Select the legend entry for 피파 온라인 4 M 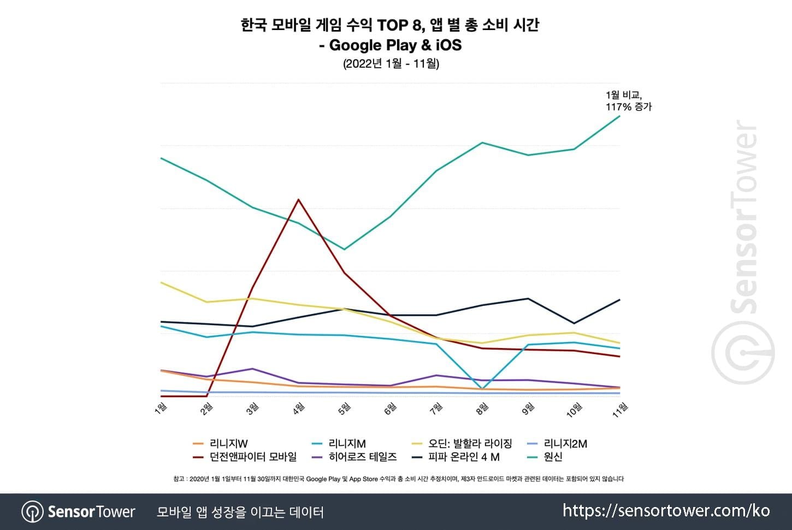point(464,457)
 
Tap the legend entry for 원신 point(553,457)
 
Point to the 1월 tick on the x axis point(161,408)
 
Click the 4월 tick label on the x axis point(299,408)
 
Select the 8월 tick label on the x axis point(482,408)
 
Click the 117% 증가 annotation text point(629,107)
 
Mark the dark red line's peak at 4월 point(298,199)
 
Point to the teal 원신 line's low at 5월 point(344,249)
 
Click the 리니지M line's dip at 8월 point(482,388)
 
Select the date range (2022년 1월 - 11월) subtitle point(391,63)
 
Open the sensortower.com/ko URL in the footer point(666,511)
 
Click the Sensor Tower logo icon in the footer point(32,512)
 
